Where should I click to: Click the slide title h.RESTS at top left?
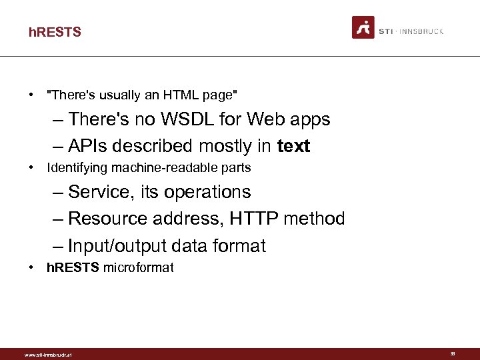[55, 32]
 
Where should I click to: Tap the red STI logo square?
[363, 28]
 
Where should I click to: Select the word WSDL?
[207, 119]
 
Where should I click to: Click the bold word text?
[293, 146]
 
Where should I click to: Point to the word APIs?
[89, 146]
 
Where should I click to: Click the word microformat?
[138, 268]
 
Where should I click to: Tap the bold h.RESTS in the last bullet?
[73, 268]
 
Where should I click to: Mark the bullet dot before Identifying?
[32, 167]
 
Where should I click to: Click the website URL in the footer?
[47, 355]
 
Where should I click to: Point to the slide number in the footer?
[452, 354]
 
